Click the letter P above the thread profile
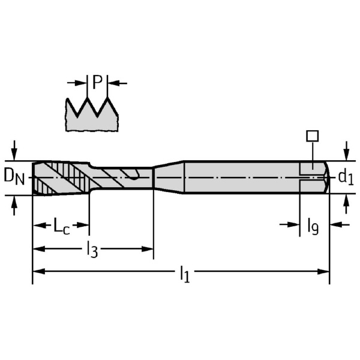click(97, 82)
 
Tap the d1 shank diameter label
click(345, 177)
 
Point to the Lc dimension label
click(61, 226)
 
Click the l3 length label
click(91, 248)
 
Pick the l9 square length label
click(313, 226)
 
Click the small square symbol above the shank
click(312, 136)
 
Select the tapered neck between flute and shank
click(168, 177)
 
